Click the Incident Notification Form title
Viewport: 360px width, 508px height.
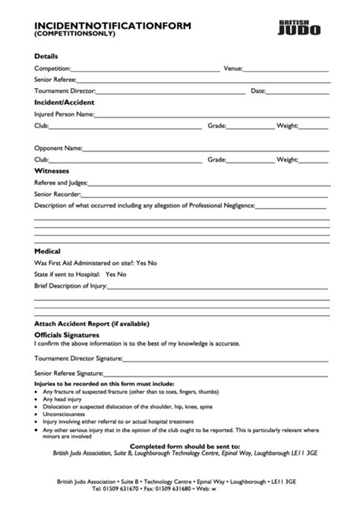[x=112, y=25]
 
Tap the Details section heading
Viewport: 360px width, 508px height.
[x=46, y=57]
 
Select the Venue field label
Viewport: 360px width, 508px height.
[x=232, y=68]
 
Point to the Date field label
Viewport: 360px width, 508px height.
[x=257, y=90]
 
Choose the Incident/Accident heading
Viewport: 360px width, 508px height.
[x=63, y=102]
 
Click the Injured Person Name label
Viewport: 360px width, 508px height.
[x=64, y=114]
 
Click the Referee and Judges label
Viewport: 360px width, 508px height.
[x=61, y=183]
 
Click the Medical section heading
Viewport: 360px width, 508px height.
[x=47, y=251]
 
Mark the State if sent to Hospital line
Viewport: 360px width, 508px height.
[x=80, y=274]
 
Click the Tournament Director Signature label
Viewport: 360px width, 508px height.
[x=78, y=358]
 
